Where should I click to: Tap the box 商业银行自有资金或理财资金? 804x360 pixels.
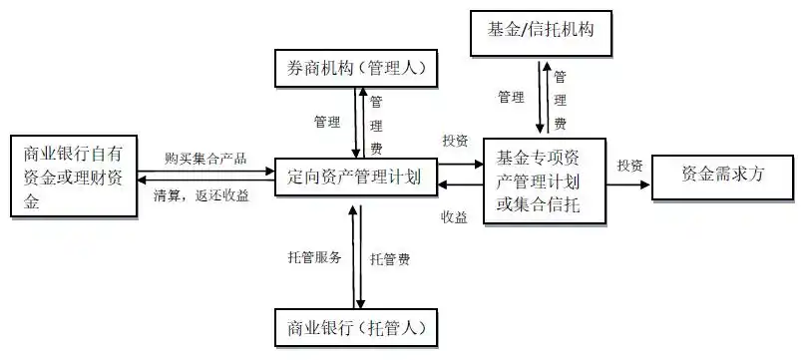click(72, 177)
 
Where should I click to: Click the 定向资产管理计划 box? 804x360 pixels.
click(354, 178)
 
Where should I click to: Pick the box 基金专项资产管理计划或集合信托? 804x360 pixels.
click(539, 180)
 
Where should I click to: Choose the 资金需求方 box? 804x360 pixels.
click(722, 173)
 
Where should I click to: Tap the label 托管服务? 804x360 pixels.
click(315, 257)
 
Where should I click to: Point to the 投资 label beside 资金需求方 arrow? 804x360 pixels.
click(629, 164)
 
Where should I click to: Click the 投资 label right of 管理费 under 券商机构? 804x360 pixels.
click(455, 140)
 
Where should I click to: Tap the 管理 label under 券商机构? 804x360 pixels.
click(327, 122)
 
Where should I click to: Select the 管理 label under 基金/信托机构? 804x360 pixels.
click(512, 98)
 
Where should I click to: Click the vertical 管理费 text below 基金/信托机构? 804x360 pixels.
click(561, 100)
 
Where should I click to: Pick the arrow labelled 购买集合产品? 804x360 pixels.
click(204, 171)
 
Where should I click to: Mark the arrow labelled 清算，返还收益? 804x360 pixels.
click(204, 181)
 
